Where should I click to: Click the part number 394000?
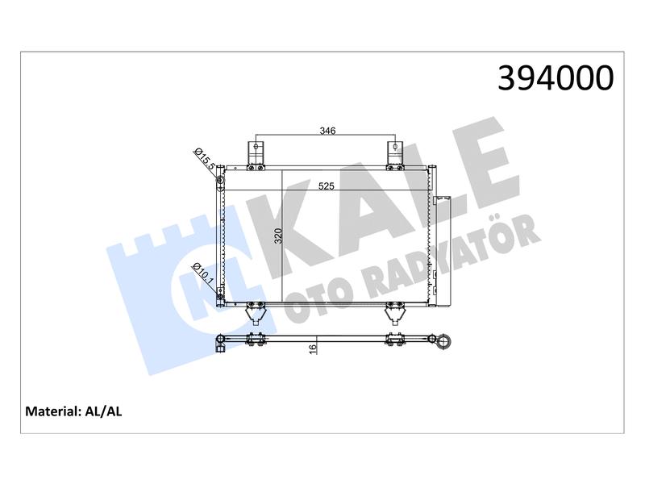click(x=556, y=78)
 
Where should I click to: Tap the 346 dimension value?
click(x=327, y=131)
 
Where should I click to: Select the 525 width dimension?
click(x=327, y=186)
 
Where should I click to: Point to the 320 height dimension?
click(x=278, y=236)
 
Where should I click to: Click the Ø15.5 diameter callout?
click(x=205, y=159)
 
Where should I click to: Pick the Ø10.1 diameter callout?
click(x=204, y=275)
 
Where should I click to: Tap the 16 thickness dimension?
click(x=313, y=348)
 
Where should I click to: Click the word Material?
click(x=52, y=411)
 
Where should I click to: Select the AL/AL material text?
click(x=103, y=411)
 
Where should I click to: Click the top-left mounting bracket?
click(x=256, y=155)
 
